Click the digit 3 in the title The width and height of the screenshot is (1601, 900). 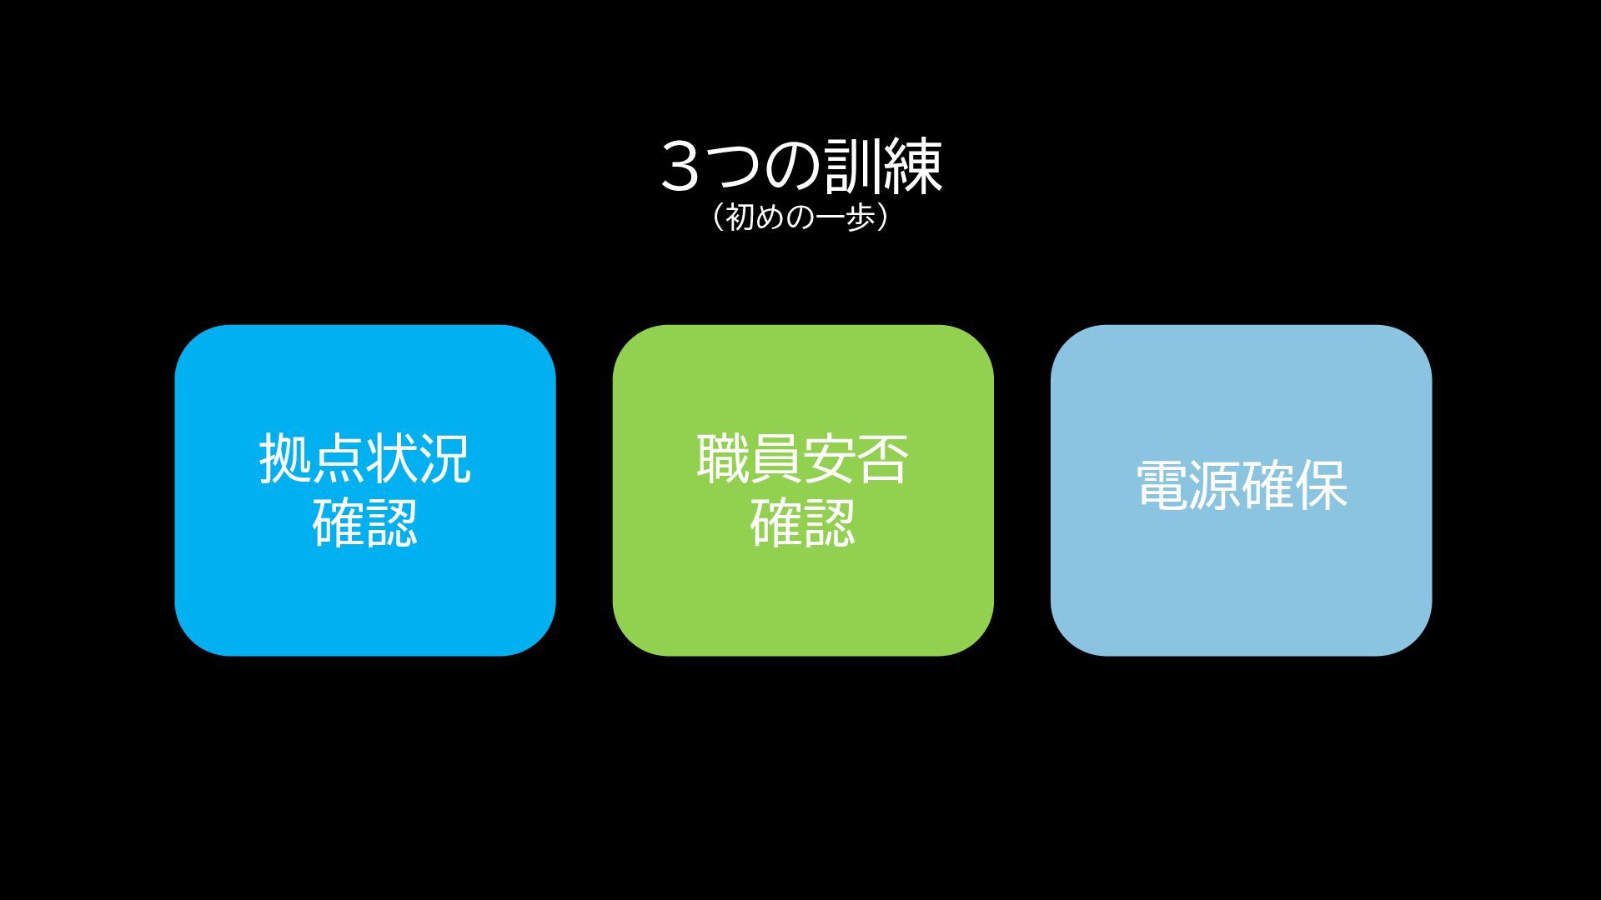coord(680,167)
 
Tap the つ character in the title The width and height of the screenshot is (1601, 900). coord(735,167)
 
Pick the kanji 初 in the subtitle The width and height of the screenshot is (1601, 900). coord(740,217)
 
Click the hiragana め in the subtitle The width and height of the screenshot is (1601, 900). coord(769,217)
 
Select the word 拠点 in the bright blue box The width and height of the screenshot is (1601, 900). coord(312,458)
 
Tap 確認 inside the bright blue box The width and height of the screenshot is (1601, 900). coord(365,522)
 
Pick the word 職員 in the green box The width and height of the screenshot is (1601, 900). coord(749,458)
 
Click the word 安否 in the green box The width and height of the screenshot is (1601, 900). coord(856,458)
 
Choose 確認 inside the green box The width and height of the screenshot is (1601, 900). coord(803,522)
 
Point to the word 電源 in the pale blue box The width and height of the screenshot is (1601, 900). coord(1188,486)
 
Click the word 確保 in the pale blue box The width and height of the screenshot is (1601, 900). coord(1295,486)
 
